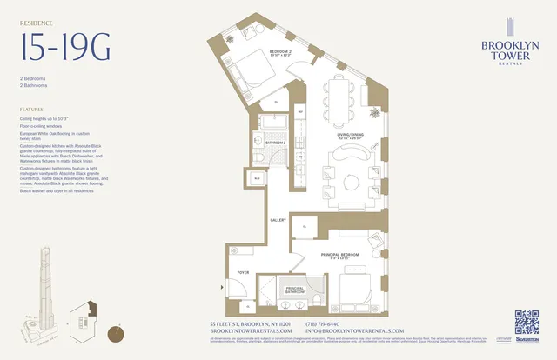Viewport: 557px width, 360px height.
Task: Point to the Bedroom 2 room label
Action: pos(280,52)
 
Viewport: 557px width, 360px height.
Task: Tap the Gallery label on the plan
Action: pos(278,220)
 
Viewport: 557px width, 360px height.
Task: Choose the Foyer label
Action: pos(243,272)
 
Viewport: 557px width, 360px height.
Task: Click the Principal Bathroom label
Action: pos(295,288)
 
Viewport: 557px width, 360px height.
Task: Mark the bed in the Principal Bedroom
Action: pos(352,288)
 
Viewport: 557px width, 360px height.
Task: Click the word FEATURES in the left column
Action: pos(31,110)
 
